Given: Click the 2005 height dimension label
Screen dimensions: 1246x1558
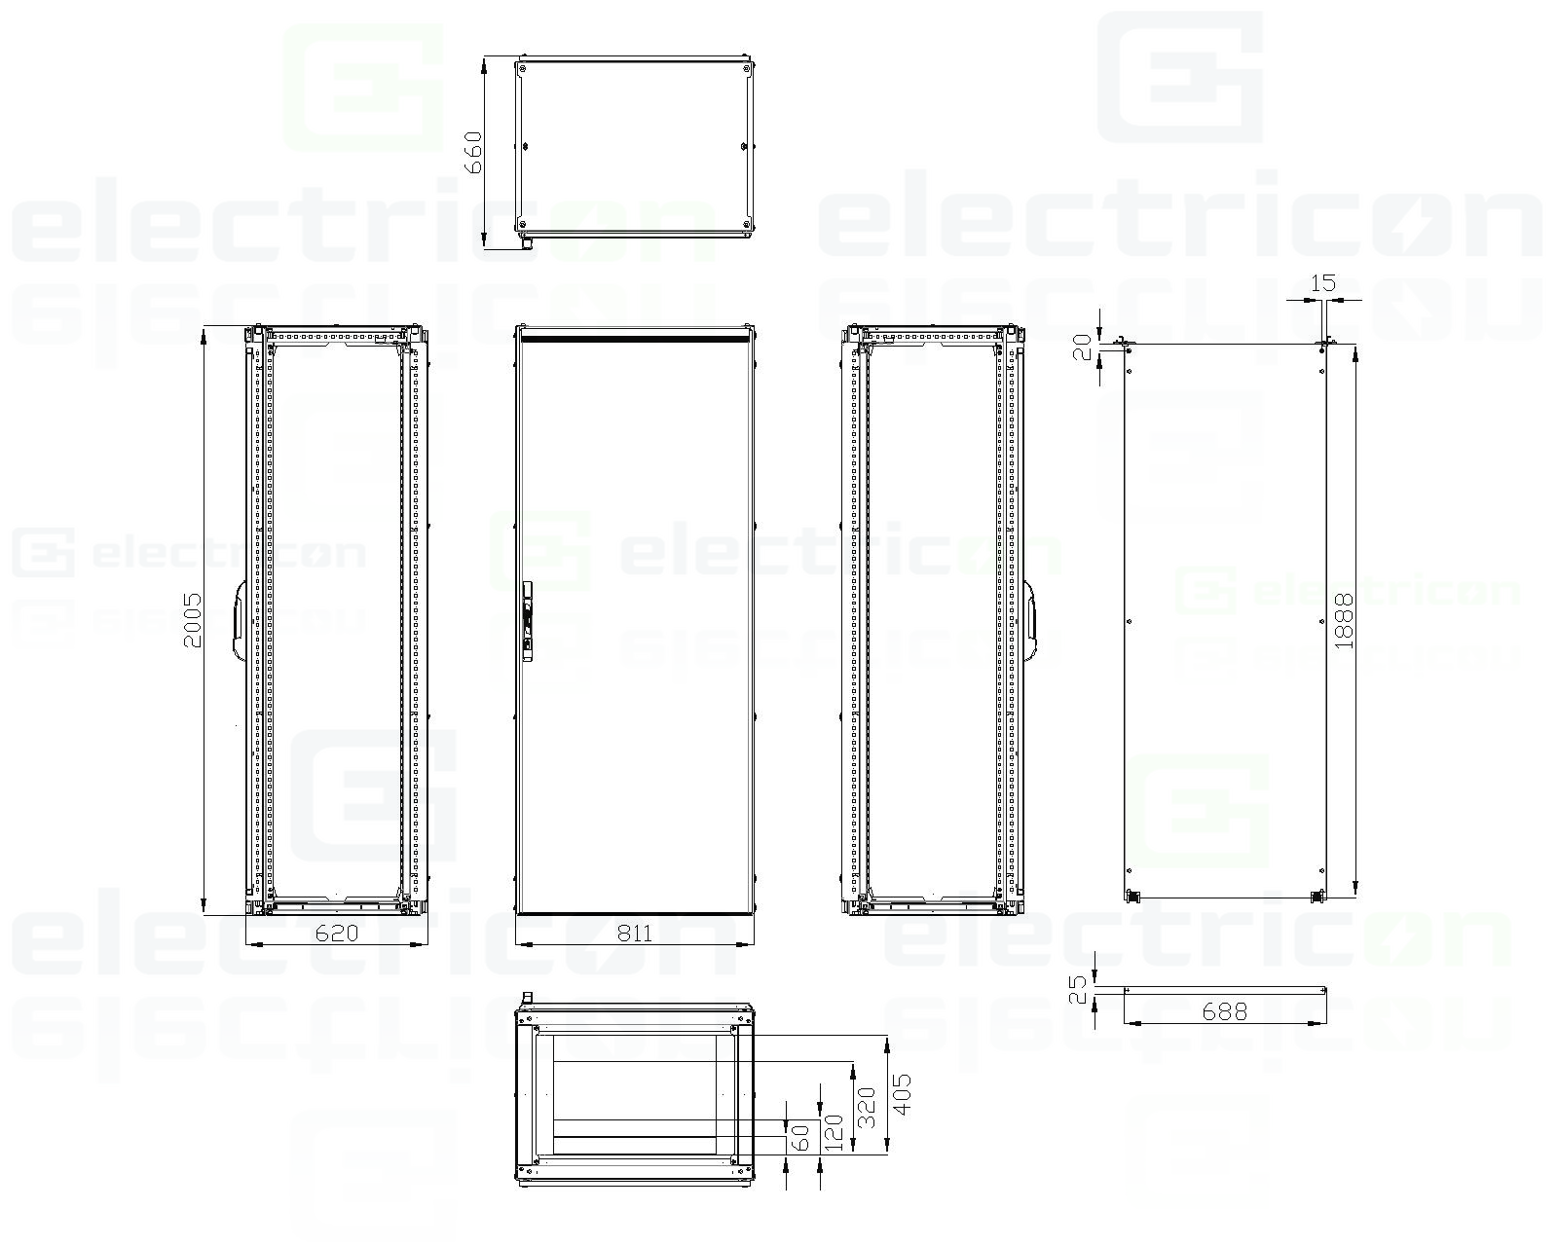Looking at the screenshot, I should coord(193,620).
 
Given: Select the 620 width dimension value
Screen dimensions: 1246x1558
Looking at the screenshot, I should coord(337,934).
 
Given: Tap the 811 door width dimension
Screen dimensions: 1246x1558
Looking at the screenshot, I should coord(635,934).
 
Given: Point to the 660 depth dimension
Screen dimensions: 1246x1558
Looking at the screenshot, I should coord(473,152).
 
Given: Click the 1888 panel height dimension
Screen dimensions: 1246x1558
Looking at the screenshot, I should coord(1345,620).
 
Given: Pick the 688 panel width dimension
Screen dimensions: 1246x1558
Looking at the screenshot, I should coord(1224,1011).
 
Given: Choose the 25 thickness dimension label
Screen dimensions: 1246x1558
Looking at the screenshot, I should coord(1078,990).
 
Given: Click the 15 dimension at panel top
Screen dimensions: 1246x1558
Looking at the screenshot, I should coord(1323,283).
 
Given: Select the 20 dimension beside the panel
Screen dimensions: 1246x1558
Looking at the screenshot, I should coord(1082,347).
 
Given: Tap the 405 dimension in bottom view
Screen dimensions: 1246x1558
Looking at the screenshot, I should coord(902,1095).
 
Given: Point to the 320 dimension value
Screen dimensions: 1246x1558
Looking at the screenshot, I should coord(867,1107).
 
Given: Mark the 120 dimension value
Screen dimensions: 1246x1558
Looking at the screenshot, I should coord(834,1134).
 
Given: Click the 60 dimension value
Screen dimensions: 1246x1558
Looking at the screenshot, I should coord(800,1137).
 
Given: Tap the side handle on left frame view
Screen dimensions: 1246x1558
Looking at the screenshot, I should coord(237,620).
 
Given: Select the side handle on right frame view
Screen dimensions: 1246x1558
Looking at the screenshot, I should coord(1031,620).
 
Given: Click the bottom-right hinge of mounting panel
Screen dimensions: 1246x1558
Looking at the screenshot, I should coord(1319,897).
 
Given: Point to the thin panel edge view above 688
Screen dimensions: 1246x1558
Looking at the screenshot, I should coord(1224,990).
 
